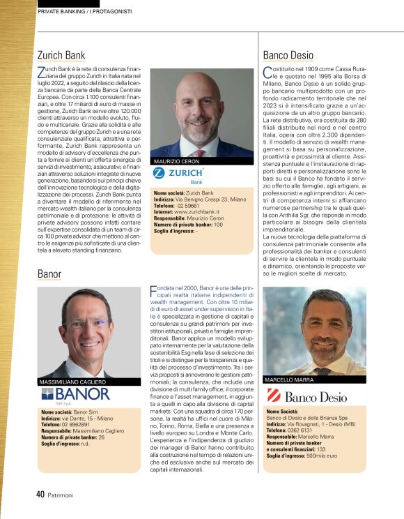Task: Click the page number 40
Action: [40, 494]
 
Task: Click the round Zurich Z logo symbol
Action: [159, 172]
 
